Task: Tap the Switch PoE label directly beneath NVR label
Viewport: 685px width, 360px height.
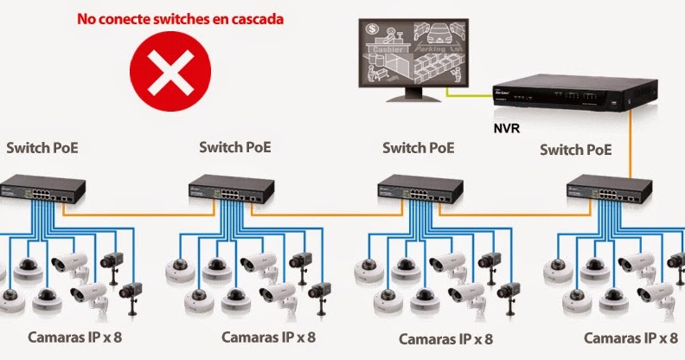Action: [x=575, y=151]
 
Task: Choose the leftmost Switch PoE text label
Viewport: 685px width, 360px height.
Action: [x=42, y=148]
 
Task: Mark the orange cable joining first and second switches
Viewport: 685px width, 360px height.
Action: [x=134, y=211]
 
